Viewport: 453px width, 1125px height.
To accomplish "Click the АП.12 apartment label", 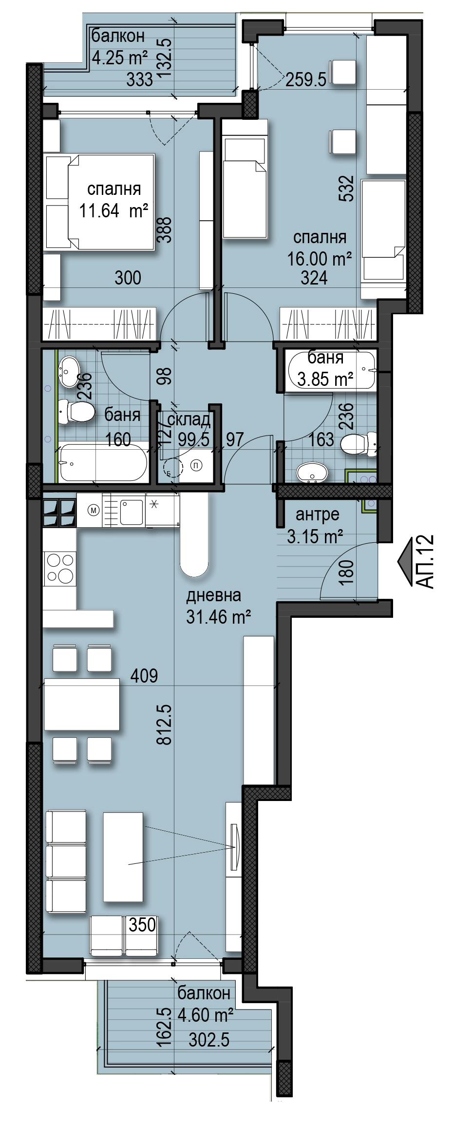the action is tap(425, 561).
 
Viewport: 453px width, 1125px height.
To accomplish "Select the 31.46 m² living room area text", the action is tap(219, 617).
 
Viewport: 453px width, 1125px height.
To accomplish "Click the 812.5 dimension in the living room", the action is tap(165, 724).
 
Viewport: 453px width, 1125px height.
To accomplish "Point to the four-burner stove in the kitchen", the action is tap(59, 568).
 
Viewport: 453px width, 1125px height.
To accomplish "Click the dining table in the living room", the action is tap(82, 704).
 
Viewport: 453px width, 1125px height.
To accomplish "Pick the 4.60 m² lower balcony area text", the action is tap(205, 1015).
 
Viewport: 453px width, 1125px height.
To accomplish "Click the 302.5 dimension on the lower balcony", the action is tap(209, 1040).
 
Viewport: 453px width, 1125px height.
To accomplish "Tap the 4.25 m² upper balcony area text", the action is tap(120, 58).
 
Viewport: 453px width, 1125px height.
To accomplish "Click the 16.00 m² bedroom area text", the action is tap(320, 259).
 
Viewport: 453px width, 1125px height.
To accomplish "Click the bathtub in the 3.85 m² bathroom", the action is tap(332, 370).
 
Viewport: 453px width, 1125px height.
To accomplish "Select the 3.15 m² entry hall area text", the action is tap(315, 536).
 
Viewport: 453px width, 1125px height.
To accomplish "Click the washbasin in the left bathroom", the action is tap(69, 370).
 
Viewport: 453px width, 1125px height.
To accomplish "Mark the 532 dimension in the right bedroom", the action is tap(346, 189).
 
